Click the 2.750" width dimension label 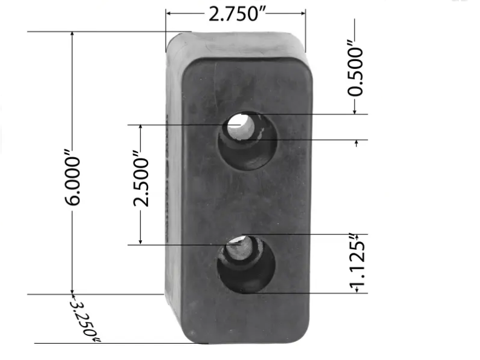coord(237,14)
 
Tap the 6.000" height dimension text coord(73,178)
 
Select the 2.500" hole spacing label coord(141,178)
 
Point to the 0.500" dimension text coord(355,71)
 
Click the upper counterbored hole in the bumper coord(248,141)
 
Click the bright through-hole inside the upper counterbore coord(241,126)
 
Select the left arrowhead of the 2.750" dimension coord(169,13)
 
